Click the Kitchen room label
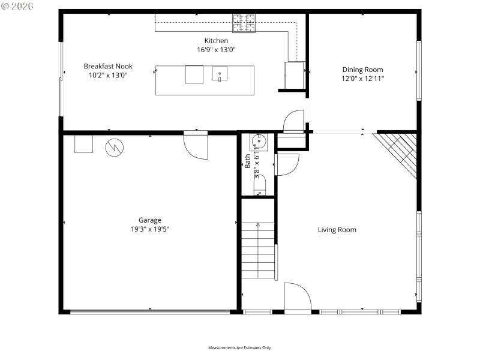pyautogui.click(x=216, y=41)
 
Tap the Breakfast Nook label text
pyautogui.click(x=108, y=66)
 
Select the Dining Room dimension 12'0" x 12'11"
pyautogui.click(x=362, y=78)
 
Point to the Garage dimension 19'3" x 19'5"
pyautogui.click(x=150, y=229)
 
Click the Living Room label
pyautogui.click(x=337, y=230)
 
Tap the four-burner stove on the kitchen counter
pyautogui.click(x=244, y=23)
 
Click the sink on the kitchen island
pyautogui.click(x=220, y=75)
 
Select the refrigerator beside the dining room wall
pyautogui.click(x=293, y=74)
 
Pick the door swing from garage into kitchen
pyautogui.click(x=195, y=145)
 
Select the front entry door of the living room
pyautogui.click(x=297, y=298)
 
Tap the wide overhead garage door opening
pyautogui.click(x=150, y=311)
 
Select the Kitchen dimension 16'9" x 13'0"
pyautogui.click(x=216, y=50)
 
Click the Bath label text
pyautogui.click(x=248, y=161)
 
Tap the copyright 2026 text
pyautogui.click(x=18, y=6)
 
